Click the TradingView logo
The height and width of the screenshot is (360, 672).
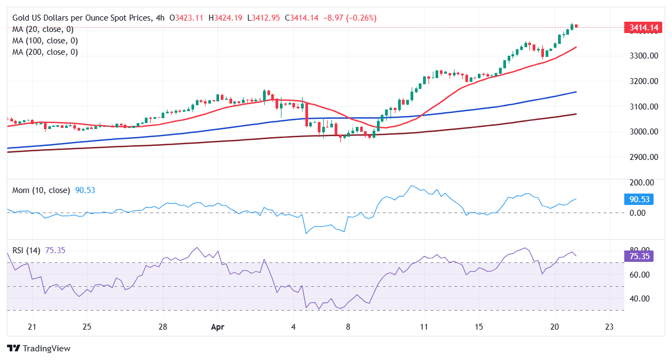point(39,348)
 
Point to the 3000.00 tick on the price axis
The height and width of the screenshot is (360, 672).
point(643,132)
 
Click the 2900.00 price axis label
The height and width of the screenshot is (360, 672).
point(643,157)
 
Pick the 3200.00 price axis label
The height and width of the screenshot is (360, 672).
point(643,81)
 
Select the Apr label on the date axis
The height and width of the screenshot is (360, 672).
point(217,327)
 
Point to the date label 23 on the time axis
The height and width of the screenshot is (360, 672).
point(609,327)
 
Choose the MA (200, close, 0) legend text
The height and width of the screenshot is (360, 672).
point(45,52)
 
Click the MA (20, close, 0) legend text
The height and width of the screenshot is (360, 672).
point(43,29)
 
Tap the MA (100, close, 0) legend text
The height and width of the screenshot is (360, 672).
point(45,41)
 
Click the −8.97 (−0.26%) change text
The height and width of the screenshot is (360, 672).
point(350,18)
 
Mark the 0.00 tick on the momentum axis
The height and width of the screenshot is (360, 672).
point(645,213)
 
